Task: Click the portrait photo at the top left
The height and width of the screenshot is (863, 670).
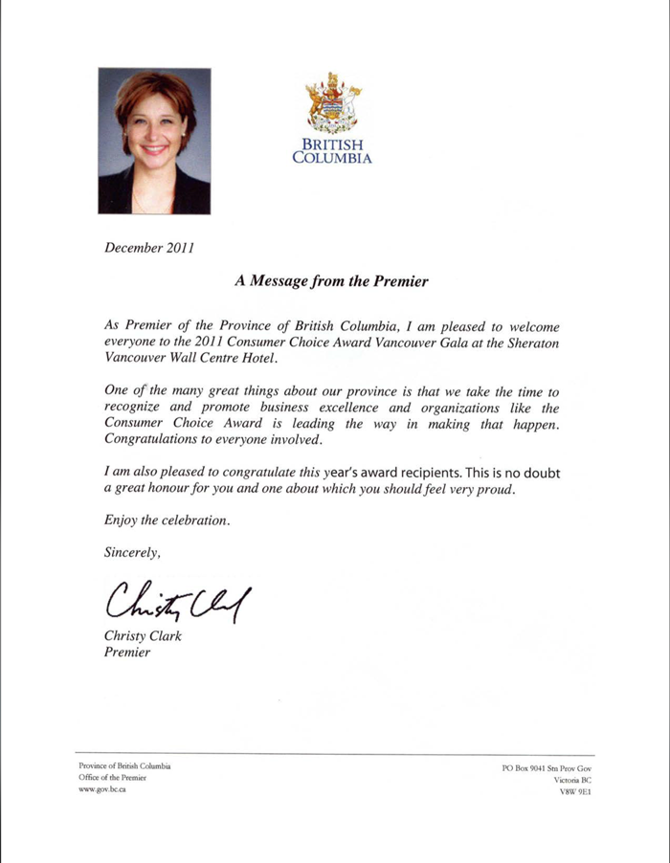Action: [154, 141]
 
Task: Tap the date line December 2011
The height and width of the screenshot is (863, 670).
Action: [148, 248]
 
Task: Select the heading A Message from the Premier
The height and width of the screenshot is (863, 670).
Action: [330, 282]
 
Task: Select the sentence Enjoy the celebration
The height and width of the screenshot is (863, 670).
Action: [167, 520]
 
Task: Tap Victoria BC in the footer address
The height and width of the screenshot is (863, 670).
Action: [573, 781]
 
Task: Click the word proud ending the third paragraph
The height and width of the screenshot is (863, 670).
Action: [494, 489]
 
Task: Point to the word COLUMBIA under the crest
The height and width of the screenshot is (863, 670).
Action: [332, 158]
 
